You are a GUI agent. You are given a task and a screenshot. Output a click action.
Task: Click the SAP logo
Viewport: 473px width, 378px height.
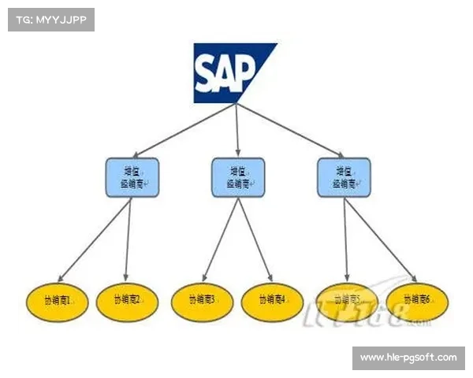pyautogui.click(x=235, y=73)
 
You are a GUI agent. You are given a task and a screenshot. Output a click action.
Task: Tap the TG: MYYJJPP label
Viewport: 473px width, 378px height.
pyautogui.click(x=50, y=19)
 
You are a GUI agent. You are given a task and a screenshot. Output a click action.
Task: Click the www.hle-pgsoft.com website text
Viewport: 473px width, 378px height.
pyautogui.click(x=408, y=358)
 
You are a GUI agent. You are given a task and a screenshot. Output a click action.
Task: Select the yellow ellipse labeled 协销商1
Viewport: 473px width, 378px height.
pyautogui.click(x=58, y=299)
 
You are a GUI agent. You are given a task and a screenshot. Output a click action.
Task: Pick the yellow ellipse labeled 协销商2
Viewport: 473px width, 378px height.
pyautogui.click(x=127, y=299)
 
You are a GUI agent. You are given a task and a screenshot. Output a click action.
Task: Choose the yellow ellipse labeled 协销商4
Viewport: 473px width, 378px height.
pyautogui.click(x=272, y=299)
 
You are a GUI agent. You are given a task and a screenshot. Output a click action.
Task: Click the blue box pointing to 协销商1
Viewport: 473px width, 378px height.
pyautogui.click(x=132, y=177)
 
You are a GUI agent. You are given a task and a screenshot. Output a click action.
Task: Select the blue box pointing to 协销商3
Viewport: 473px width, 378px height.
pyautogui.click(x=238, y=177)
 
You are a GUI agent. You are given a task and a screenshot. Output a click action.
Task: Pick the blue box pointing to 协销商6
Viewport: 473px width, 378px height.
pyautogui.click(x=344, y=177)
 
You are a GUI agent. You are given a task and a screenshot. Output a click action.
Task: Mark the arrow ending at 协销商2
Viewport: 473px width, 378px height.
pyautogui.click(x=128, y=239)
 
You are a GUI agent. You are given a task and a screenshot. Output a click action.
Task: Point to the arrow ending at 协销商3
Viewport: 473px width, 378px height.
pyautogui.click(x=220, y=239)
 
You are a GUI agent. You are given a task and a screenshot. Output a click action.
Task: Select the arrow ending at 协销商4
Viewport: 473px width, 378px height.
pyautogui.click(x=255, y=239)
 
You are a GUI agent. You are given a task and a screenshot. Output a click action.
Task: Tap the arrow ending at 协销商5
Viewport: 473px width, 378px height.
pyautogui.click(x=345, y=239)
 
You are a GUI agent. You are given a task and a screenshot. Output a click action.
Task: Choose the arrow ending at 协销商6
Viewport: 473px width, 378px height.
pyautogui.click(x=380, y=239)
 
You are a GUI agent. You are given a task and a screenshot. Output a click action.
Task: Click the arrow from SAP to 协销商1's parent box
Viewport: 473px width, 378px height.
pyautogui.click(x=186, y=130)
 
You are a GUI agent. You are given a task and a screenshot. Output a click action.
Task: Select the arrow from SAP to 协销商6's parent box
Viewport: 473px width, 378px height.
pyautogui.click(x=289, y=130)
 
